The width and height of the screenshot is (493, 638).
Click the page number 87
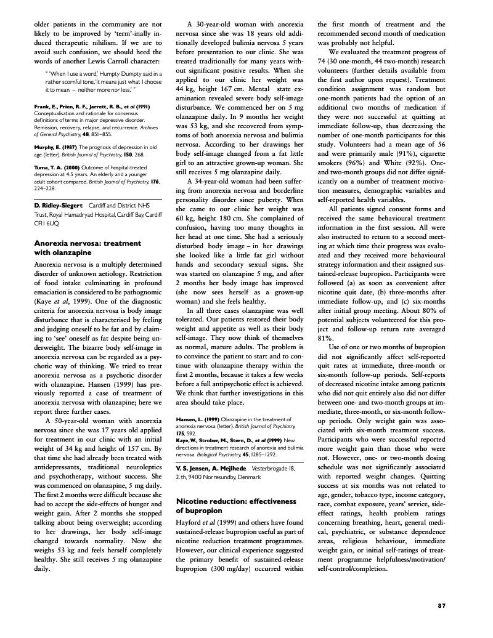441,605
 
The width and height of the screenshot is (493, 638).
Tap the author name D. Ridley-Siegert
60,204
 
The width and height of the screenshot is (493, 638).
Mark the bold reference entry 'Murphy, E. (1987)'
55,147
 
